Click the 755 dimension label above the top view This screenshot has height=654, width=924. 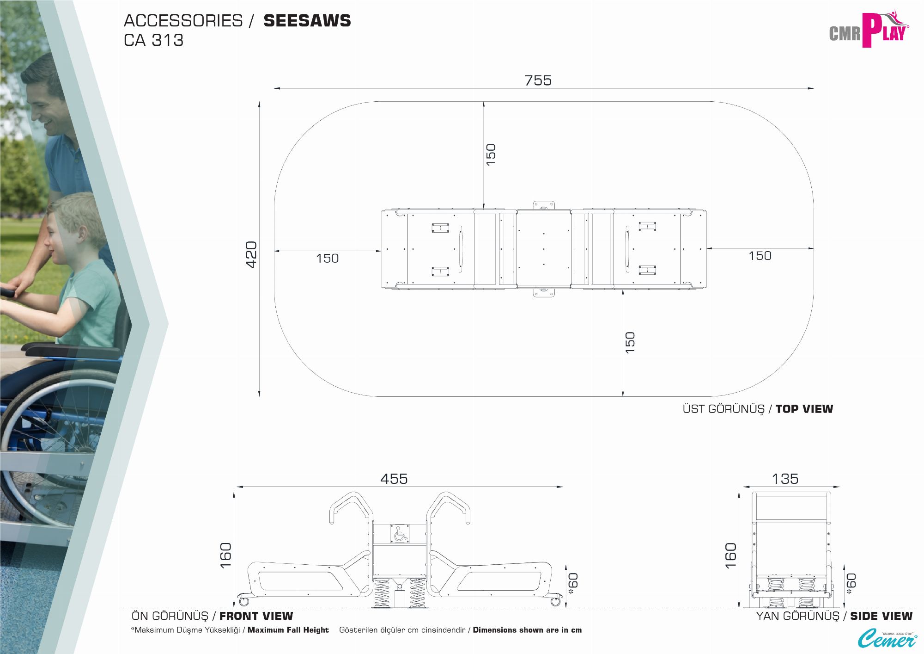(538, 80)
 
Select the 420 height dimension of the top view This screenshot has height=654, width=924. (251, 254)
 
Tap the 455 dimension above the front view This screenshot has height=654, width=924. (394, 479)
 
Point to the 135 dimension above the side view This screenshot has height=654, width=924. (785, 479)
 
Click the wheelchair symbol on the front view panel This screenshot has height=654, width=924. (399, 533)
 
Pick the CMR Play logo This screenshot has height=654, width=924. (869, 30)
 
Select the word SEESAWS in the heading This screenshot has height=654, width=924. (307, 21)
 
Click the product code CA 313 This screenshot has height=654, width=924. (154, 41)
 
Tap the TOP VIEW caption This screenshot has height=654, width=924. (804, 409)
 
